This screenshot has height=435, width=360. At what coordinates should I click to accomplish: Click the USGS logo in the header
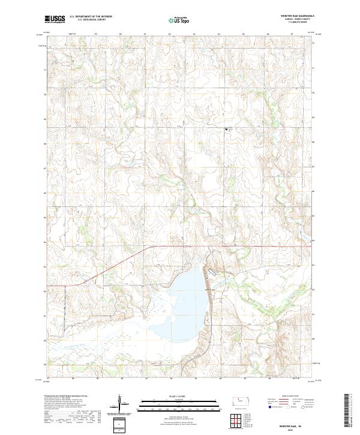click(55, 19)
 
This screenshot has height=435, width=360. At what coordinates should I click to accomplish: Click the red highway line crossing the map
click(240, 246)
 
